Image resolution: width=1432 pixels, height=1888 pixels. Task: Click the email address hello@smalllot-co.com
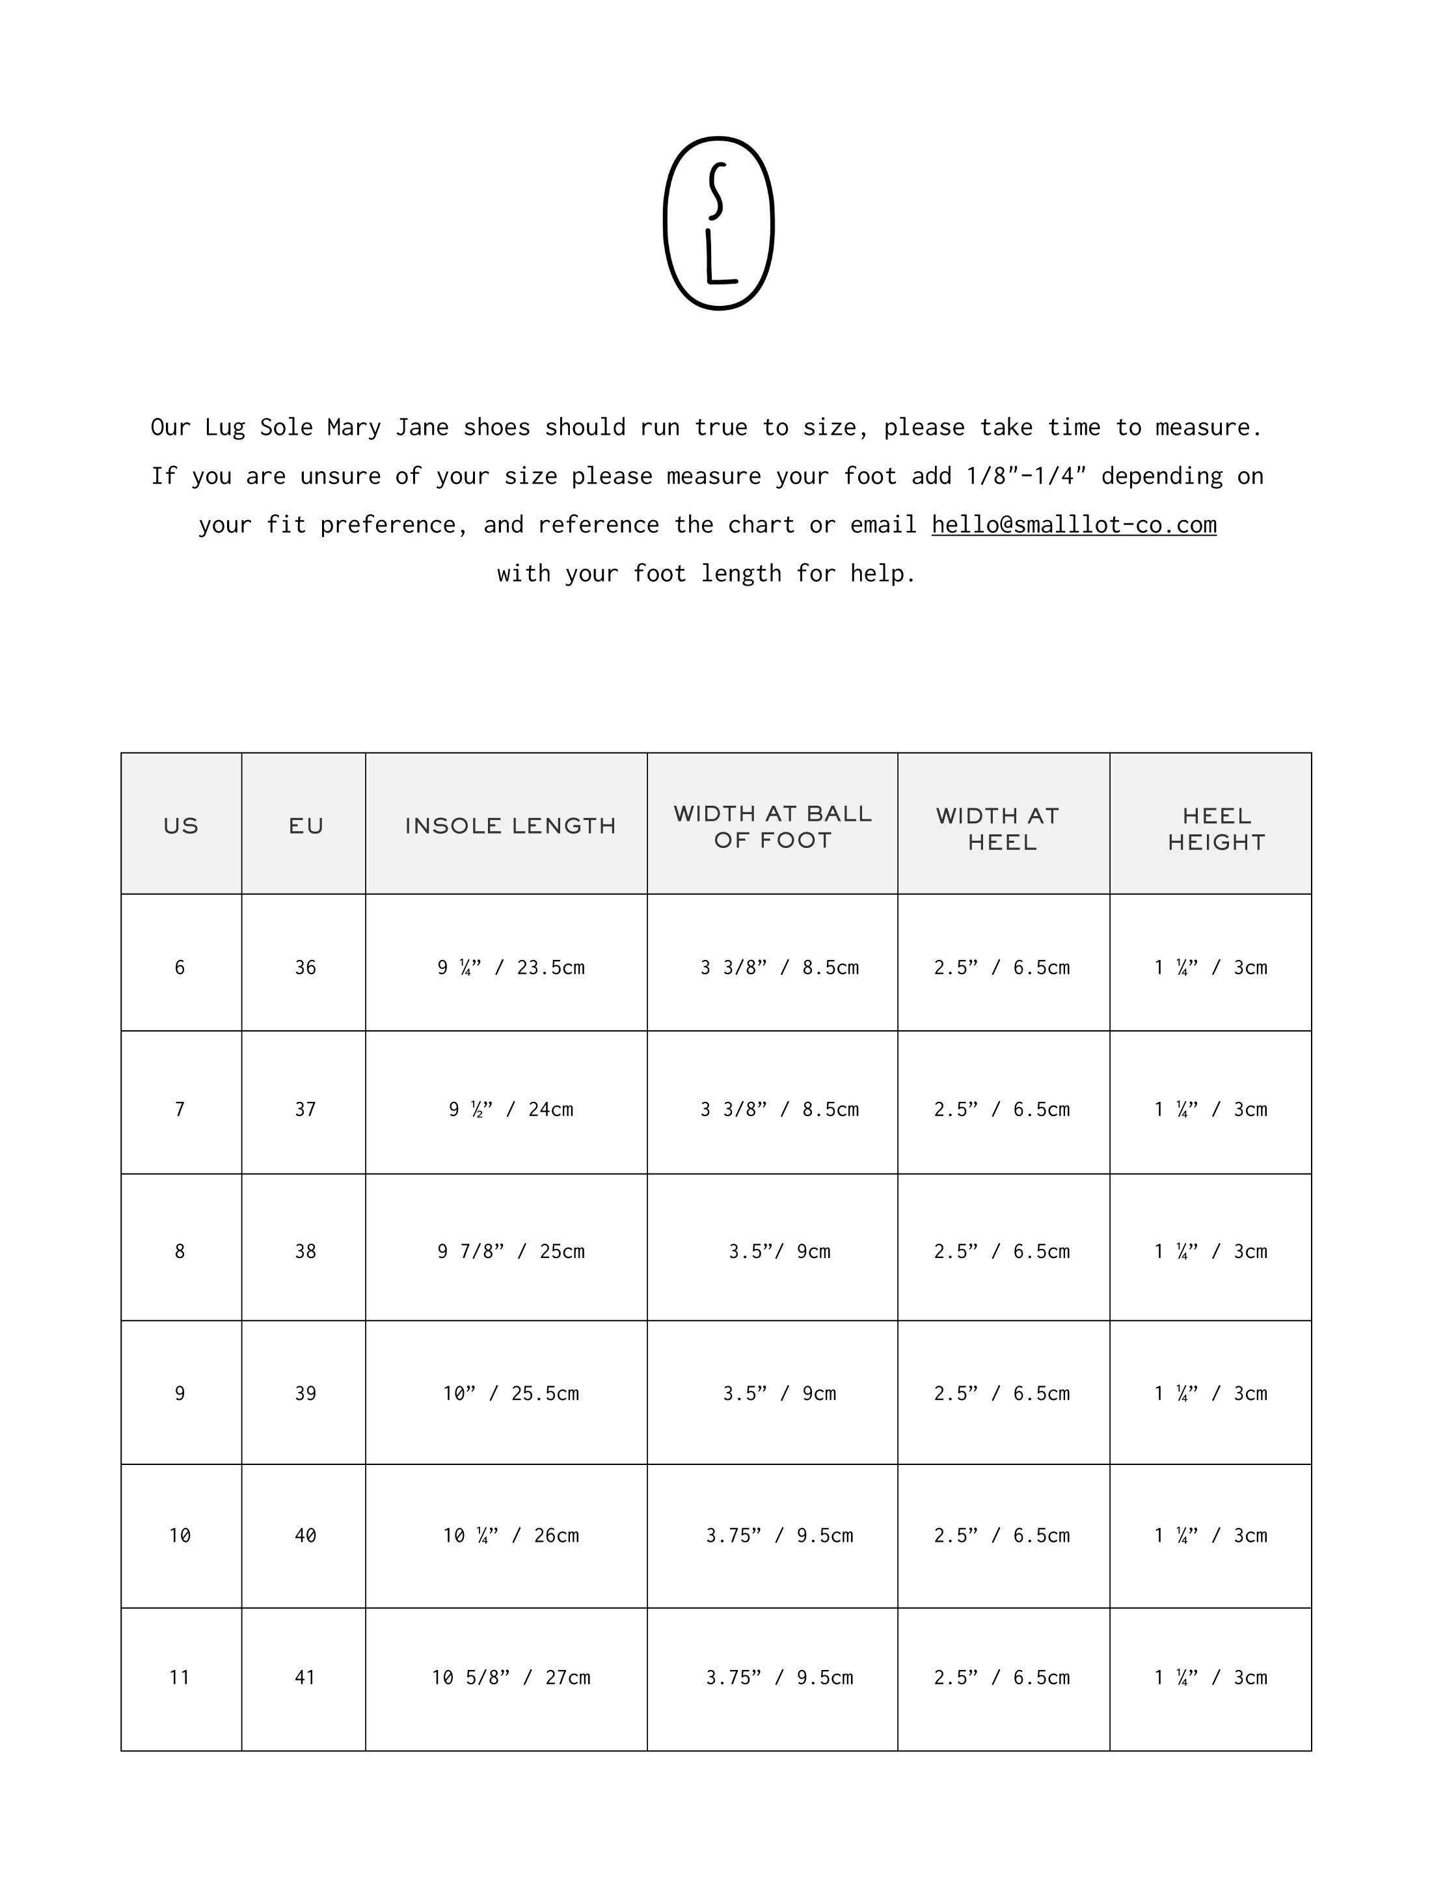click(1073, 524)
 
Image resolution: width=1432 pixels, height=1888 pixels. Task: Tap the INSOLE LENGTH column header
click(509, 825)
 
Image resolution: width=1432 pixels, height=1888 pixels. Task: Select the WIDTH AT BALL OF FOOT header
click(772, 827)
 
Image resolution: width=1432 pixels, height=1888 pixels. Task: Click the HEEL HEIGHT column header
click(1215, 828)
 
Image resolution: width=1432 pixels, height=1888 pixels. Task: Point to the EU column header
click(306, 825)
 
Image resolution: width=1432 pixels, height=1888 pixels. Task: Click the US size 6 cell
click(180, 967)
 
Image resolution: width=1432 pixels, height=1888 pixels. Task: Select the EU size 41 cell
click(306, 1677)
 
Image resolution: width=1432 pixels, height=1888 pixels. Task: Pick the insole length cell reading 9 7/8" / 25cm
click(510, 1252)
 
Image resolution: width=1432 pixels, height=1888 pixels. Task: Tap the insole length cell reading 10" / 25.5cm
click(510, 1393)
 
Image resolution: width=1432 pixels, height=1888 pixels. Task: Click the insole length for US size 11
click(510, 1677)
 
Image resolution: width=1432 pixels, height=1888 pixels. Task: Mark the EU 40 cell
click(306, 1535)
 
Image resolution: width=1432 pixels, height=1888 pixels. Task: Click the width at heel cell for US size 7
click(1001, 1109)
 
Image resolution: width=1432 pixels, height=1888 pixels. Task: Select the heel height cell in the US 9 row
click(1210, 1393)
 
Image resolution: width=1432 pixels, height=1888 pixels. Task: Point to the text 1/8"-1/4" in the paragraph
click(1026, 475)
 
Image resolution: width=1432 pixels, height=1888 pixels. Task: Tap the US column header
click(180, 825)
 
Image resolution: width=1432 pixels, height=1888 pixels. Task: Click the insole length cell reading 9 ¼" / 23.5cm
click(510, 967)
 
